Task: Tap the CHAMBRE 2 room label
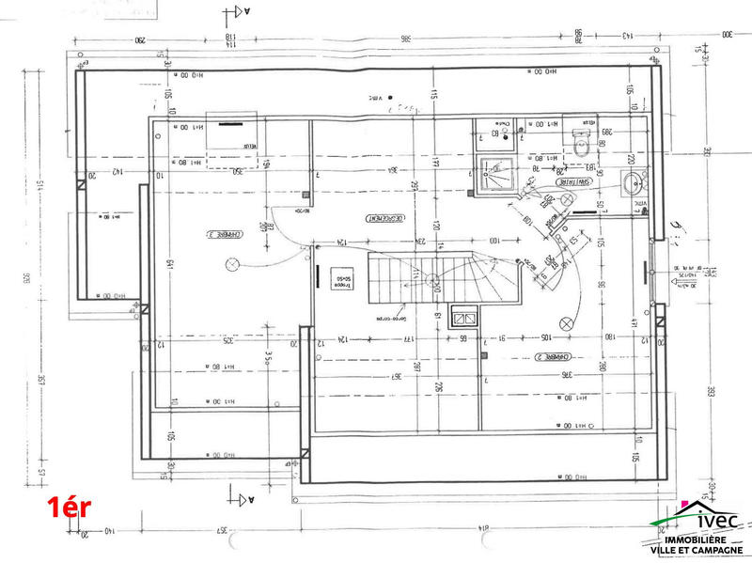pyautogui.click(x=550, y=357)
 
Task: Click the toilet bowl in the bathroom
pyautogui.click(x=580, y=147)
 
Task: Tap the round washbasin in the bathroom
pyautogui.click(x=634, y=182)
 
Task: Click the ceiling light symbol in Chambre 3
pyautogui.click(x=230, y=266)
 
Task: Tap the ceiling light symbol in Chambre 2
pyautogui.click(x=566, y=322)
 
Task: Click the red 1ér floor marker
pyautogui.click(x=70, y=508)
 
